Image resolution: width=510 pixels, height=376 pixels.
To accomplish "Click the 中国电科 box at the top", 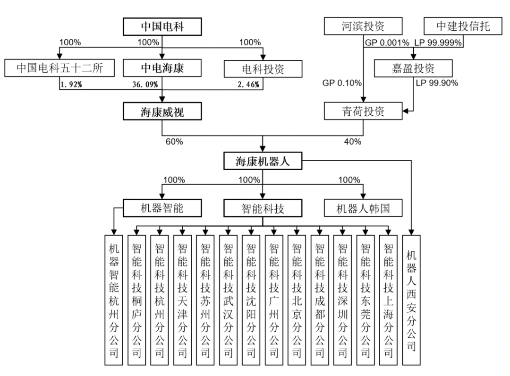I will click(x=162, y=27).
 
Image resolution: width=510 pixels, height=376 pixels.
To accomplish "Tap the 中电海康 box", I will click(x=162, y=69).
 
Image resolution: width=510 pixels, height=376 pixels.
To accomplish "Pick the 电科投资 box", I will click(x=263, y=69).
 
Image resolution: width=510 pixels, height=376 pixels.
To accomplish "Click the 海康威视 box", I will click(x=162, y=112).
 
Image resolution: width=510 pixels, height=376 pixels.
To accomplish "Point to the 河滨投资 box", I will click(x=363, y=26).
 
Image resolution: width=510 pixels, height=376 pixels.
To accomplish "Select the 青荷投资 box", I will click(x=363, y=112).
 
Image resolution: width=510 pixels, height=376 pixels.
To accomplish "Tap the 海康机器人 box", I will click(x=262, y=162).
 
